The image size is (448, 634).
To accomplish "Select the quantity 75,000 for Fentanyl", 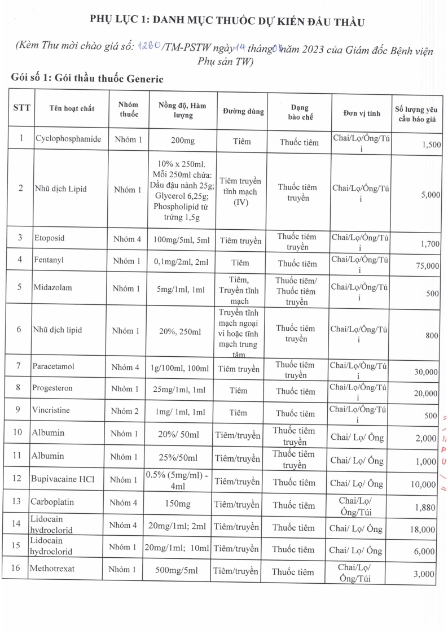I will click(427, 265).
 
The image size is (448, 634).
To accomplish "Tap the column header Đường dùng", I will click(243, 112).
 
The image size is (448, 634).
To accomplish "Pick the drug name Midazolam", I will click(54, 287).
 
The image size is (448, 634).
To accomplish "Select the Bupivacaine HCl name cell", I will click(64, 479).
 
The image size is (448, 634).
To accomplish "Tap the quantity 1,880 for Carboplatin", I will click(428, 508).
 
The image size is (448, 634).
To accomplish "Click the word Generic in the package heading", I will click(139, 78).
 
